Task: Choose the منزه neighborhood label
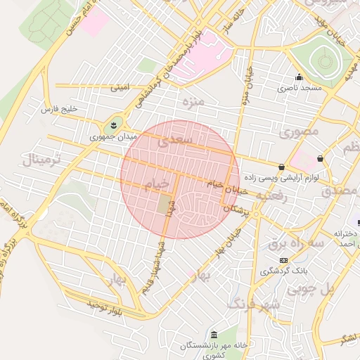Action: [x=193, y=103]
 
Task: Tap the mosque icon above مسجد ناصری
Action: [x=299, y=77]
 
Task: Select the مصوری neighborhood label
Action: [x=299, y=131]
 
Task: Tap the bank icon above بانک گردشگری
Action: [x=283, y=260]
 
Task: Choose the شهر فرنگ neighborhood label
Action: [x=254, y=304]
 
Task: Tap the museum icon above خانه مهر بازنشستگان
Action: [x=213, y=334]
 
